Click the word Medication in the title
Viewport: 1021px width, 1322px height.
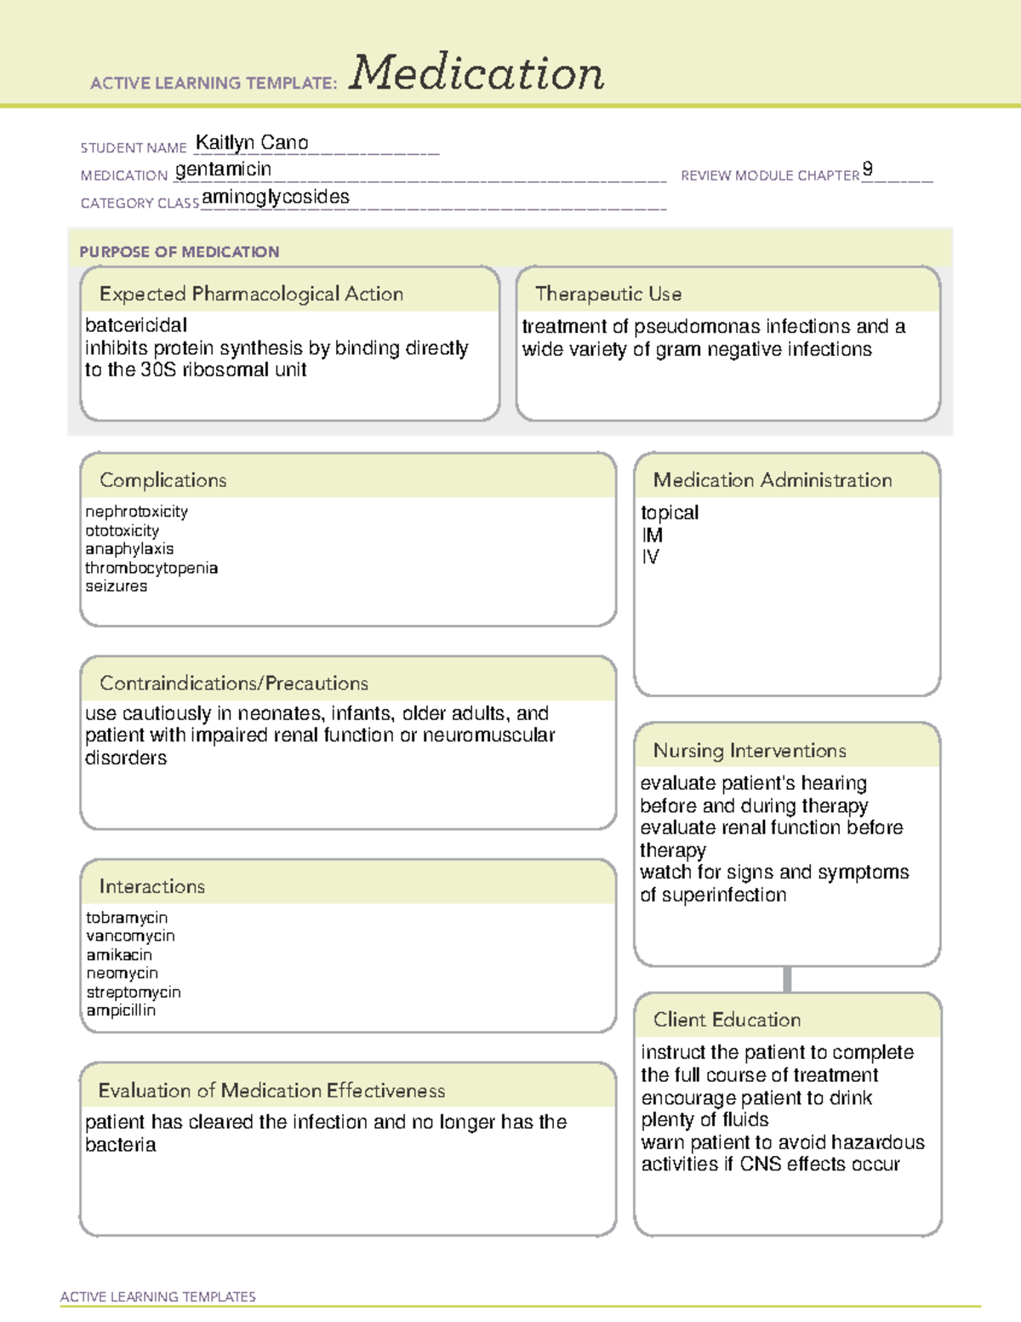pyautogui.click(x=476, y=73)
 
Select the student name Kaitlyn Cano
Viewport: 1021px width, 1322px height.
pyautogui.click(x=252, y=143)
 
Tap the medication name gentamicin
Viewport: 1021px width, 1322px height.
pyautogui.click(x=223, y=169)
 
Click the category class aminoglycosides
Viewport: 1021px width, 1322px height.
pyautogui.click(x=276, y=197)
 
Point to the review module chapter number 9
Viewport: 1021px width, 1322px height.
pyautogui.click(x=867, y=169)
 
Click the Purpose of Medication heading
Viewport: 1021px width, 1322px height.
pyautogui.click(x=179, y=252)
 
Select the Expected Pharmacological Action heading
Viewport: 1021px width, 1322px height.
pyautogui.click(x=251, y=294)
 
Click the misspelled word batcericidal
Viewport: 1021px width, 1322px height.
pyautogui.click(x=136, y=325)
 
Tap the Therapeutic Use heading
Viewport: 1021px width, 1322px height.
pyautogui.click(x=607, y=294)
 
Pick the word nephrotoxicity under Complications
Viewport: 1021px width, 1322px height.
pyautogui.click(x=136, y=512)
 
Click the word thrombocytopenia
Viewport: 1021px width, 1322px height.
pyautogui.click(x=151, y=568)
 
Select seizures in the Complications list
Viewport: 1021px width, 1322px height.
pyautogui.click(x=117, y=587)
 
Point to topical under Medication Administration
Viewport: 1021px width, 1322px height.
pyautogui.click(x=670, y=512)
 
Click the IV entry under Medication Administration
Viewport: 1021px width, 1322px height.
pyautogui.click(x=650, y=558)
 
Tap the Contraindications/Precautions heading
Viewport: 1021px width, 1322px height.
pyautogui.click(x=233, y=684)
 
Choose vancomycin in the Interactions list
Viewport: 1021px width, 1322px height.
pyautogui.click(x=130, y=936)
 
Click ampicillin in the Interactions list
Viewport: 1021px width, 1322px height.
pyautogui.click(x=121, y=1010)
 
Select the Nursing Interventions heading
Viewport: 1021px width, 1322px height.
pyautogui.click(x=749, y=751)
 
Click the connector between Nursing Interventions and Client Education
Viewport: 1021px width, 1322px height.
pyautogui.click(x=787, y=979)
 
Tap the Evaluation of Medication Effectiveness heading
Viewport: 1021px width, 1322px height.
pyautogui.click(x=271, y=1090)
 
